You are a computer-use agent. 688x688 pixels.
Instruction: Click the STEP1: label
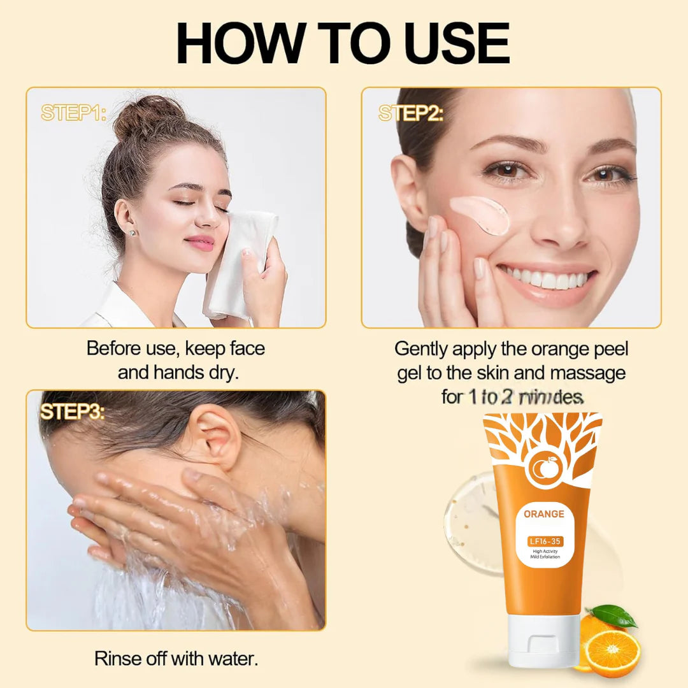click(x=74, y=113)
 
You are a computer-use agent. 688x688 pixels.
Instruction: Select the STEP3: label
click(x=72, y=412)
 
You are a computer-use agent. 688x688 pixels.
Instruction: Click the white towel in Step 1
click(x=239, y=261)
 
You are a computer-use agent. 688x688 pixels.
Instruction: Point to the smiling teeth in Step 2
click(x=547, y=278)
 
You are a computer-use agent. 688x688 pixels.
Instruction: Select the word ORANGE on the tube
click(x=543, y=513)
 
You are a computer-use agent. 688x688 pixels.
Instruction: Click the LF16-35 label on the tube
click(x=543, y=541)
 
